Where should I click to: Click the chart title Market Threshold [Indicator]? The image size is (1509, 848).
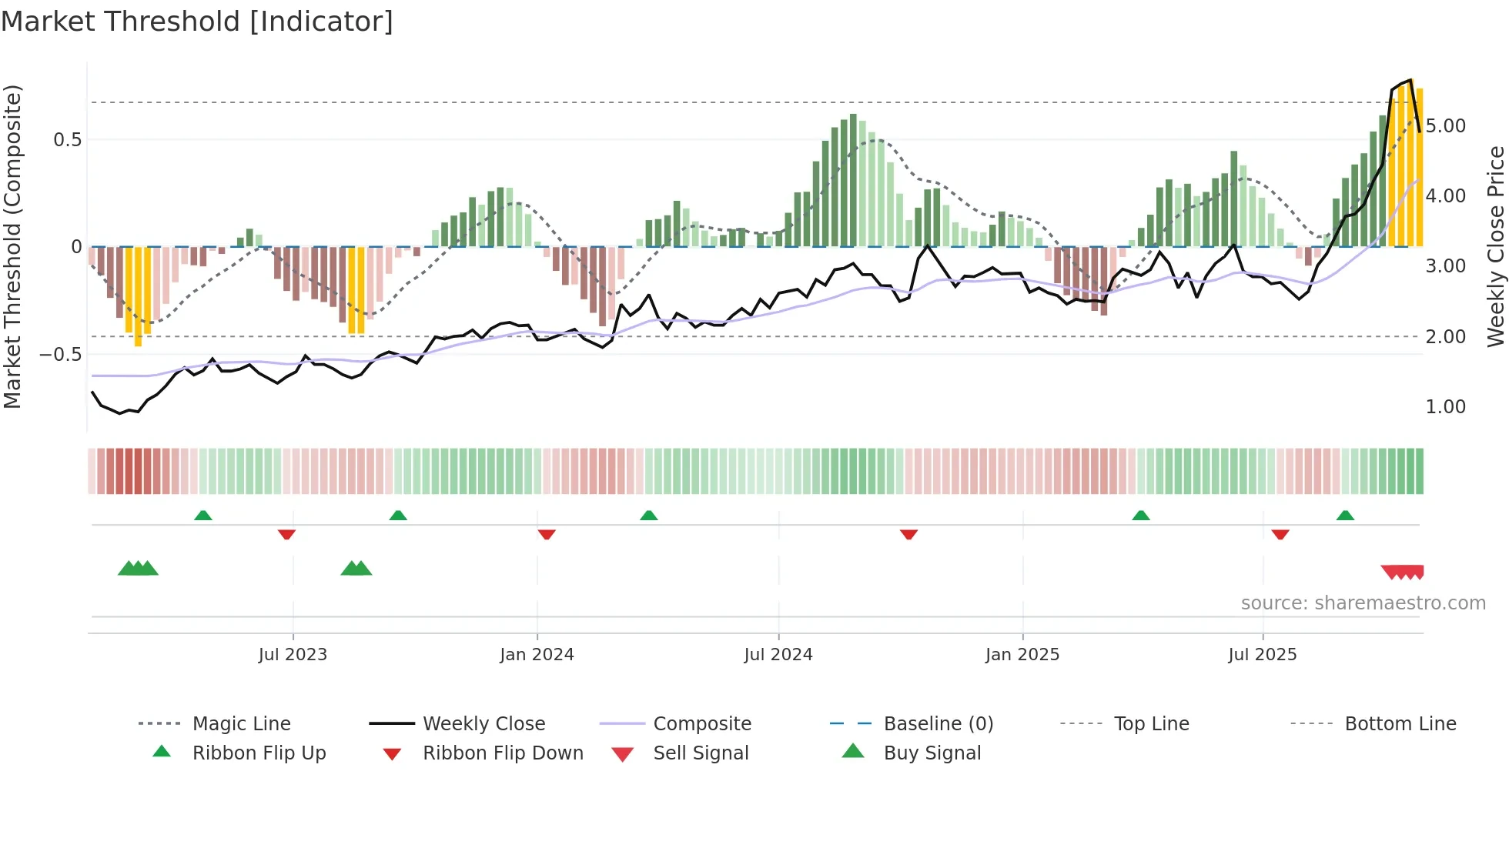click(197, 22)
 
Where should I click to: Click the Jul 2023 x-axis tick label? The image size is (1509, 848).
click(293, 655)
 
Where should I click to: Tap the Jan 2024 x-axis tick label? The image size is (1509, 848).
click(537, 655)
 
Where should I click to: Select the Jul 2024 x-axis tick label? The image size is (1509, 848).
click(778, 655)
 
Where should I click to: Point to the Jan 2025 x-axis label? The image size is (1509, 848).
click(1022, 655)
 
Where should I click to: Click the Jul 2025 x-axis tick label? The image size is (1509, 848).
click(1263, 655)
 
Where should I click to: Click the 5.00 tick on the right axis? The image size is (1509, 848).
click(1445, 126)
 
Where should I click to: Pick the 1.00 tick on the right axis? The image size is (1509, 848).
click(1445, 407)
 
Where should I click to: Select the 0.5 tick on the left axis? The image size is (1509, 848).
click(67, 140)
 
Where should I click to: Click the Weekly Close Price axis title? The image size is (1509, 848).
click(1495, 246)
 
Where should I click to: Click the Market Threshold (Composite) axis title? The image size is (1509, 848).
click(12, 246)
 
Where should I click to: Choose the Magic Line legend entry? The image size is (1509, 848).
click(241, 724)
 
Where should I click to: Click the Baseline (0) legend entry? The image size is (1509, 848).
click(938, 724)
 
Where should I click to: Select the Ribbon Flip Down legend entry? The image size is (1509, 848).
click(502, 753)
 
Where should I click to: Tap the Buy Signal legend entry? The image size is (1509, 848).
click(932, 753)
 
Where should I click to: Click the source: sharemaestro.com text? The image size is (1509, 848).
click(1363, 603)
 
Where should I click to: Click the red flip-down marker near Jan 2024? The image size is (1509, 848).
click(547, 534)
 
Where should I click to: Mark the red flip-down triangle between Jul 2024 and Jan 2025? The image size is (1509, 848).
click(908, 534)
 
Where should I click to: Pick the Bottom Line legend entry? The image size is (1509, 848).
click(1400, 724)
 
